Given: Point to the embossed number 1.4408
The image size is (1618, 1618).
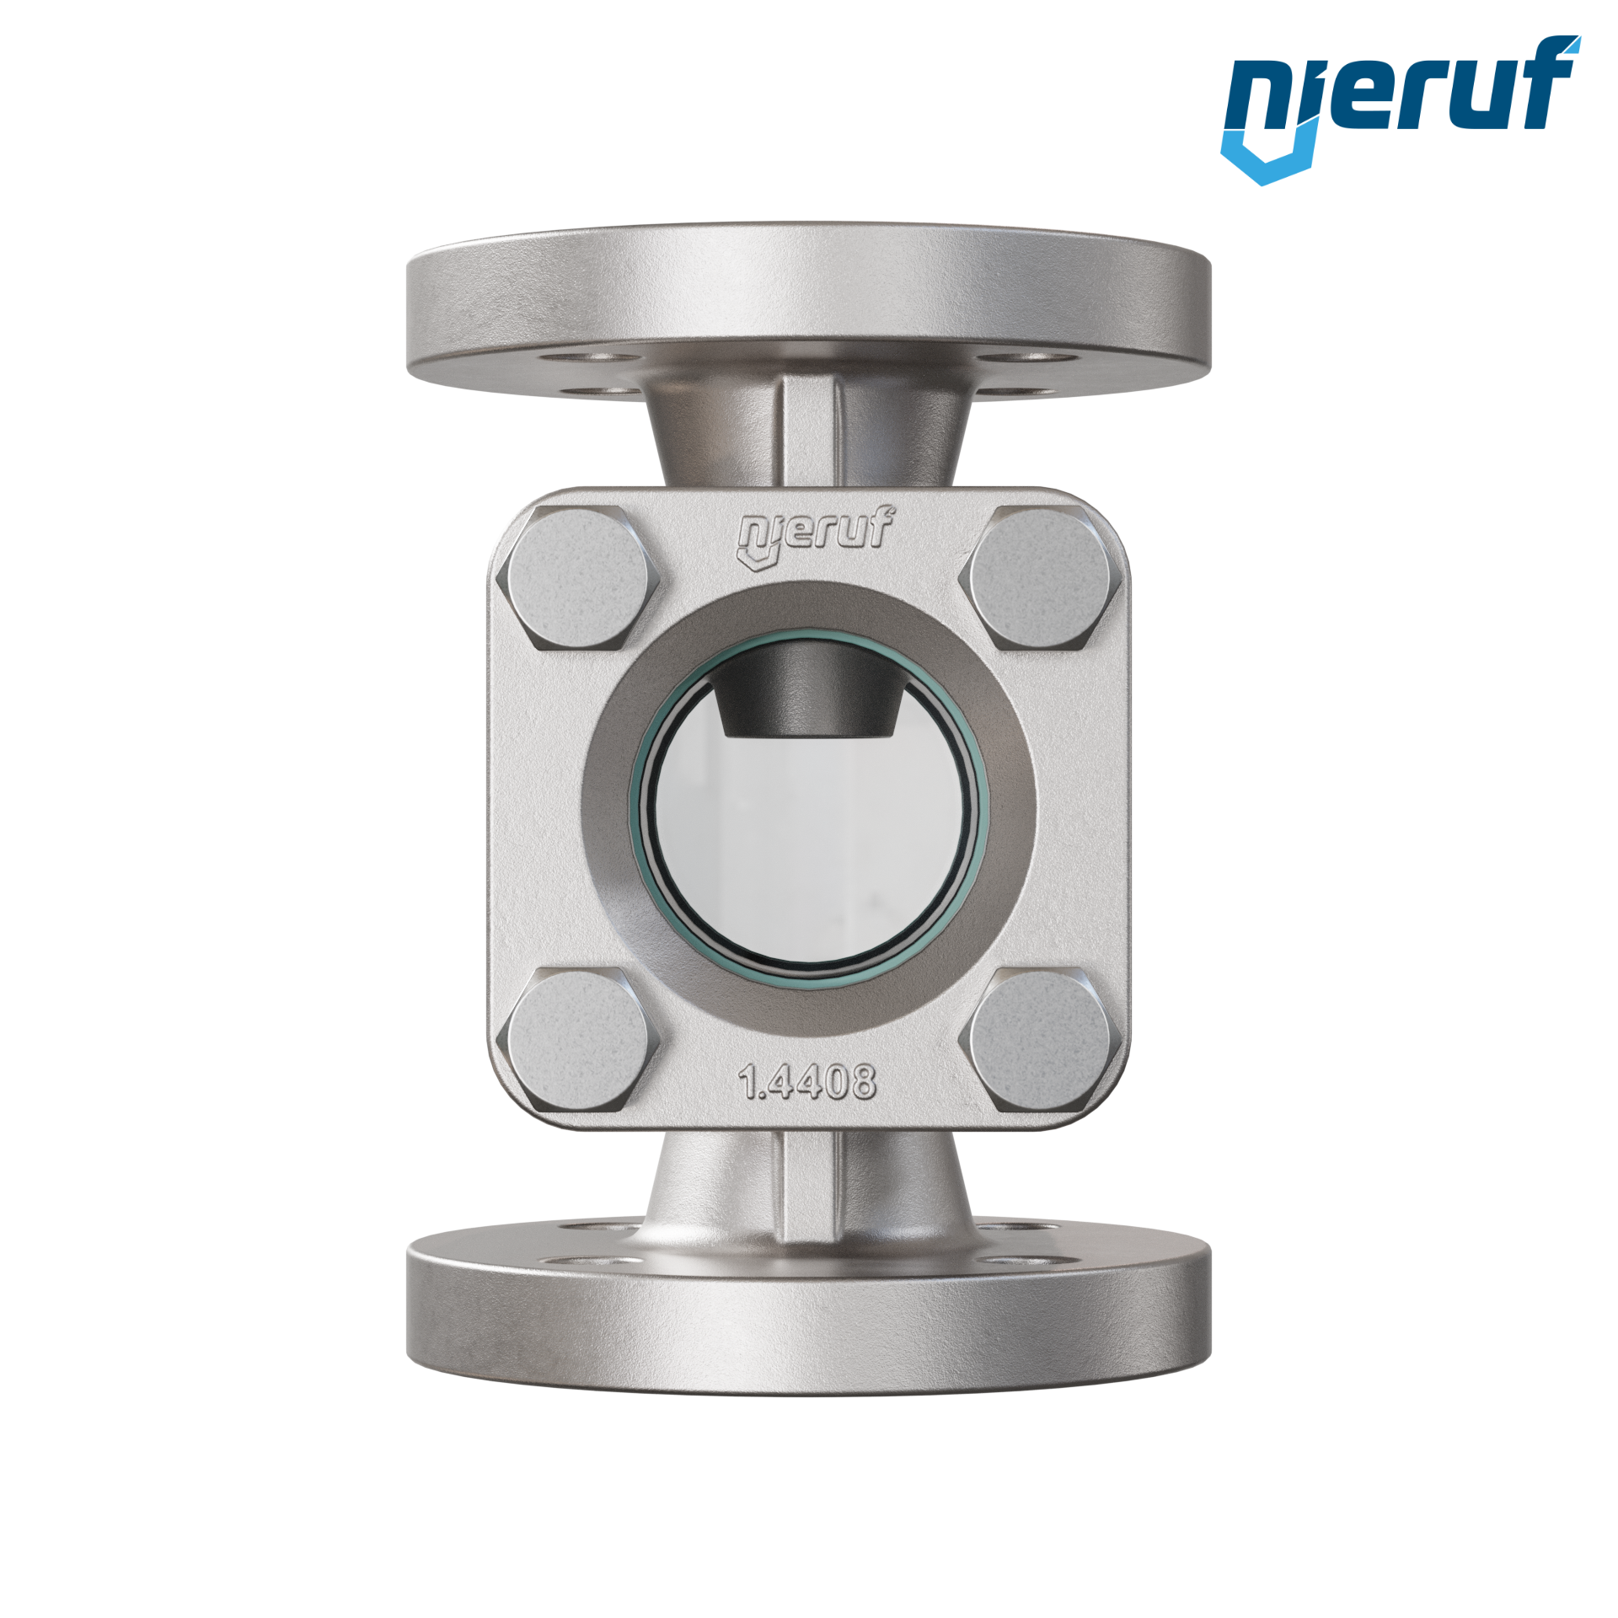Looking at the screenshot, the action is (x=807, y=1081).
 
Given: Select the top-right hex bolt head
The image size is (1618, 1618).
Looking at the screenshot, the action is (x=1039, y=578).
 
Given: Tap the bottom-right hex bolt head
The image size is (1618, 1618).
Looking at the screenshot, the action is (x=1039, y=1039).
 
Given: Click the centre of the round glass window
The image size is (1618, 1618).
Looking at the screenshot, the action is (x=809, y=809).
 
